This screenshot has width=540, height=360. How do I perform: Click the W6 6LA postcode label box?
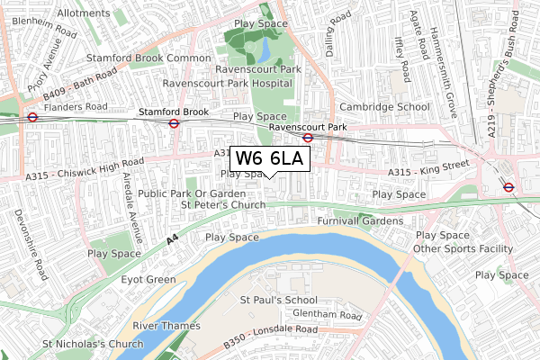[x=271, y=158]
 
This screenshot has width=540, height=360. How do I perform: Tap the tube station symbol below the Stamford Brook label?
[x=173, y=124]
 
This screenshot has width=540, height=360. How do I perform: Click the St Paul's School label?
[x=278, y=299]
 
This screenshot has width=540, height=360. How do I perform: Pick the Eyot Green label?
[x=148, y=280]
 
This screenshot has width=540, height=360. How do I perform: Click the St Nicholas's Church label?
[x=93, y=344]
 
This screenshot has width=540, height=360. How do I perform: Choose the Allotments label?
[x=83, y=14]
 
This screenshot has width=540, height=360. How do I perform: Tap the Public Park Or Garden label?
[x=192, y=193]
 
